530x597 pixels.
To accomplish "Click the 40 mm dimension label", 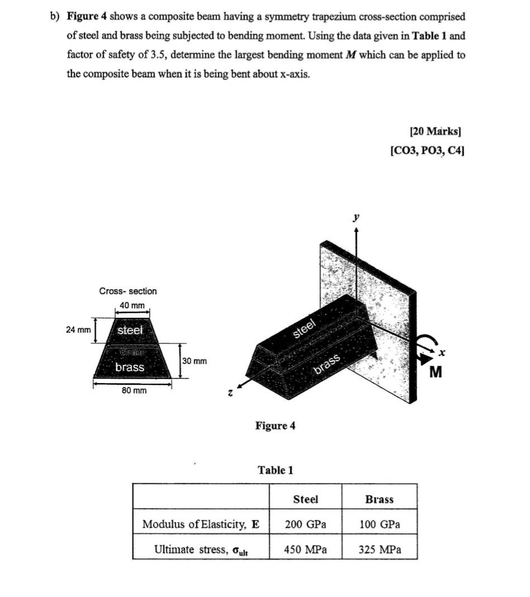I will coord(132,305).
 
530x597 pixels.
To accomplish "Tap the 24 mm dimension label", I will coord(78,329).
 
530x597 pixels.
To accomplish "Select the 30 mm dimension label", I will coord(194,361).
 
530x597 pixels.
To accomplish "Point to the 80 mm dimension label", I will coord(134,390).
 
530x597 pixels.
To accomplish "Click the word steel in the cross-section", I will coord(130,330).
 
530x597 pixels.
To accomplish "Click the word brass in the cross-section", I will coord(130,367).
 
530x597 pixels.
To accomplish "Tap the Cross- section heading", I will coord(128,291).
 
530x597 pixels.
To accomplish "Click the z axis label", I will coord(230,393).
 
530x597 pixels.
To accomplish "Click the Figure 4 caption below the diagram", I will coord(275,426).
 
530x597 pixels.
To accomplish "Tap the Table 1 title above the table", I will coord(275,470).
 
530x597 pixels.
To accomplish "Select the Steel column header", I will coord(305,499).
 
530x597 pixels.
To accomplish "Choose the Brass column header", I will coord(379,499).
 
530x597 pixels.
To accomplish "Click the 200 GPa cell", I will coord(305,524).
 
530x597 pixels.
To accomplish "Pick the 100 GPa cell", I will coord(380,524).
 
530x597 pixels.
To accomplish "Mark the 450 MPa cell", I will coord(305,550).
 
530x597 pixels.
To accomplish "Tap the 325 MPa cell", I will coord(380,550).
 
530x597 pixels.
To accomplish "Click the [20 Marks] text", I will coord(436,132).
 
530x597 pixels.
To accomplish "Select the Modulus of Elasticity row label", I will coord(200,524).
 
